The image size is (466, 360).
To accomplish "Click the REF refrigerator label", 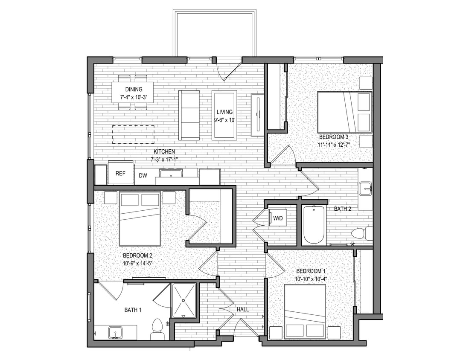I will point(120,174).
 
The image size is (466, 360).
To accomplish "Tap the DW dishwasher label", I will point(143,175).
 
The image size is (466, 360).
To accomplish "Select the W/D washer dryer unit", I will point(278,218).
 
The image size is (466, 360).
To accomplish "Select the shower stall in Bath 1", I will point(183,300).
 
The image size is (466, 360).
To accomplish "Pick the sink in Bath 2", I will point(365,188).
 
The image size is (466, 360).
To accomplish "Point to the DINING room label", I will point(134,89).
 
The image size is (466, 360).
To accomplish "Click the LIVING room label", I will point(224,112).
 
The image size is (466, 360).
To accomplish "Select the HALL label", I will point(242,309).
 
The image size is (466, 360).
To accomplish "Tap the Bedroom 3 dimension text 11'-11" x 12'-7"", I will point(333,145).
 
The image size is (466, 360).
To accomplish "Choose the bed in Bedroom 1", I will point(305,311).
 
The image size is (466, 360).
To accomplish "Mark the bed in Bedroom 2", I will point(140,219).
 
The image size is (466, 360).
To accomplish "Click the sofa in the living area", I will point(189,115).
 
